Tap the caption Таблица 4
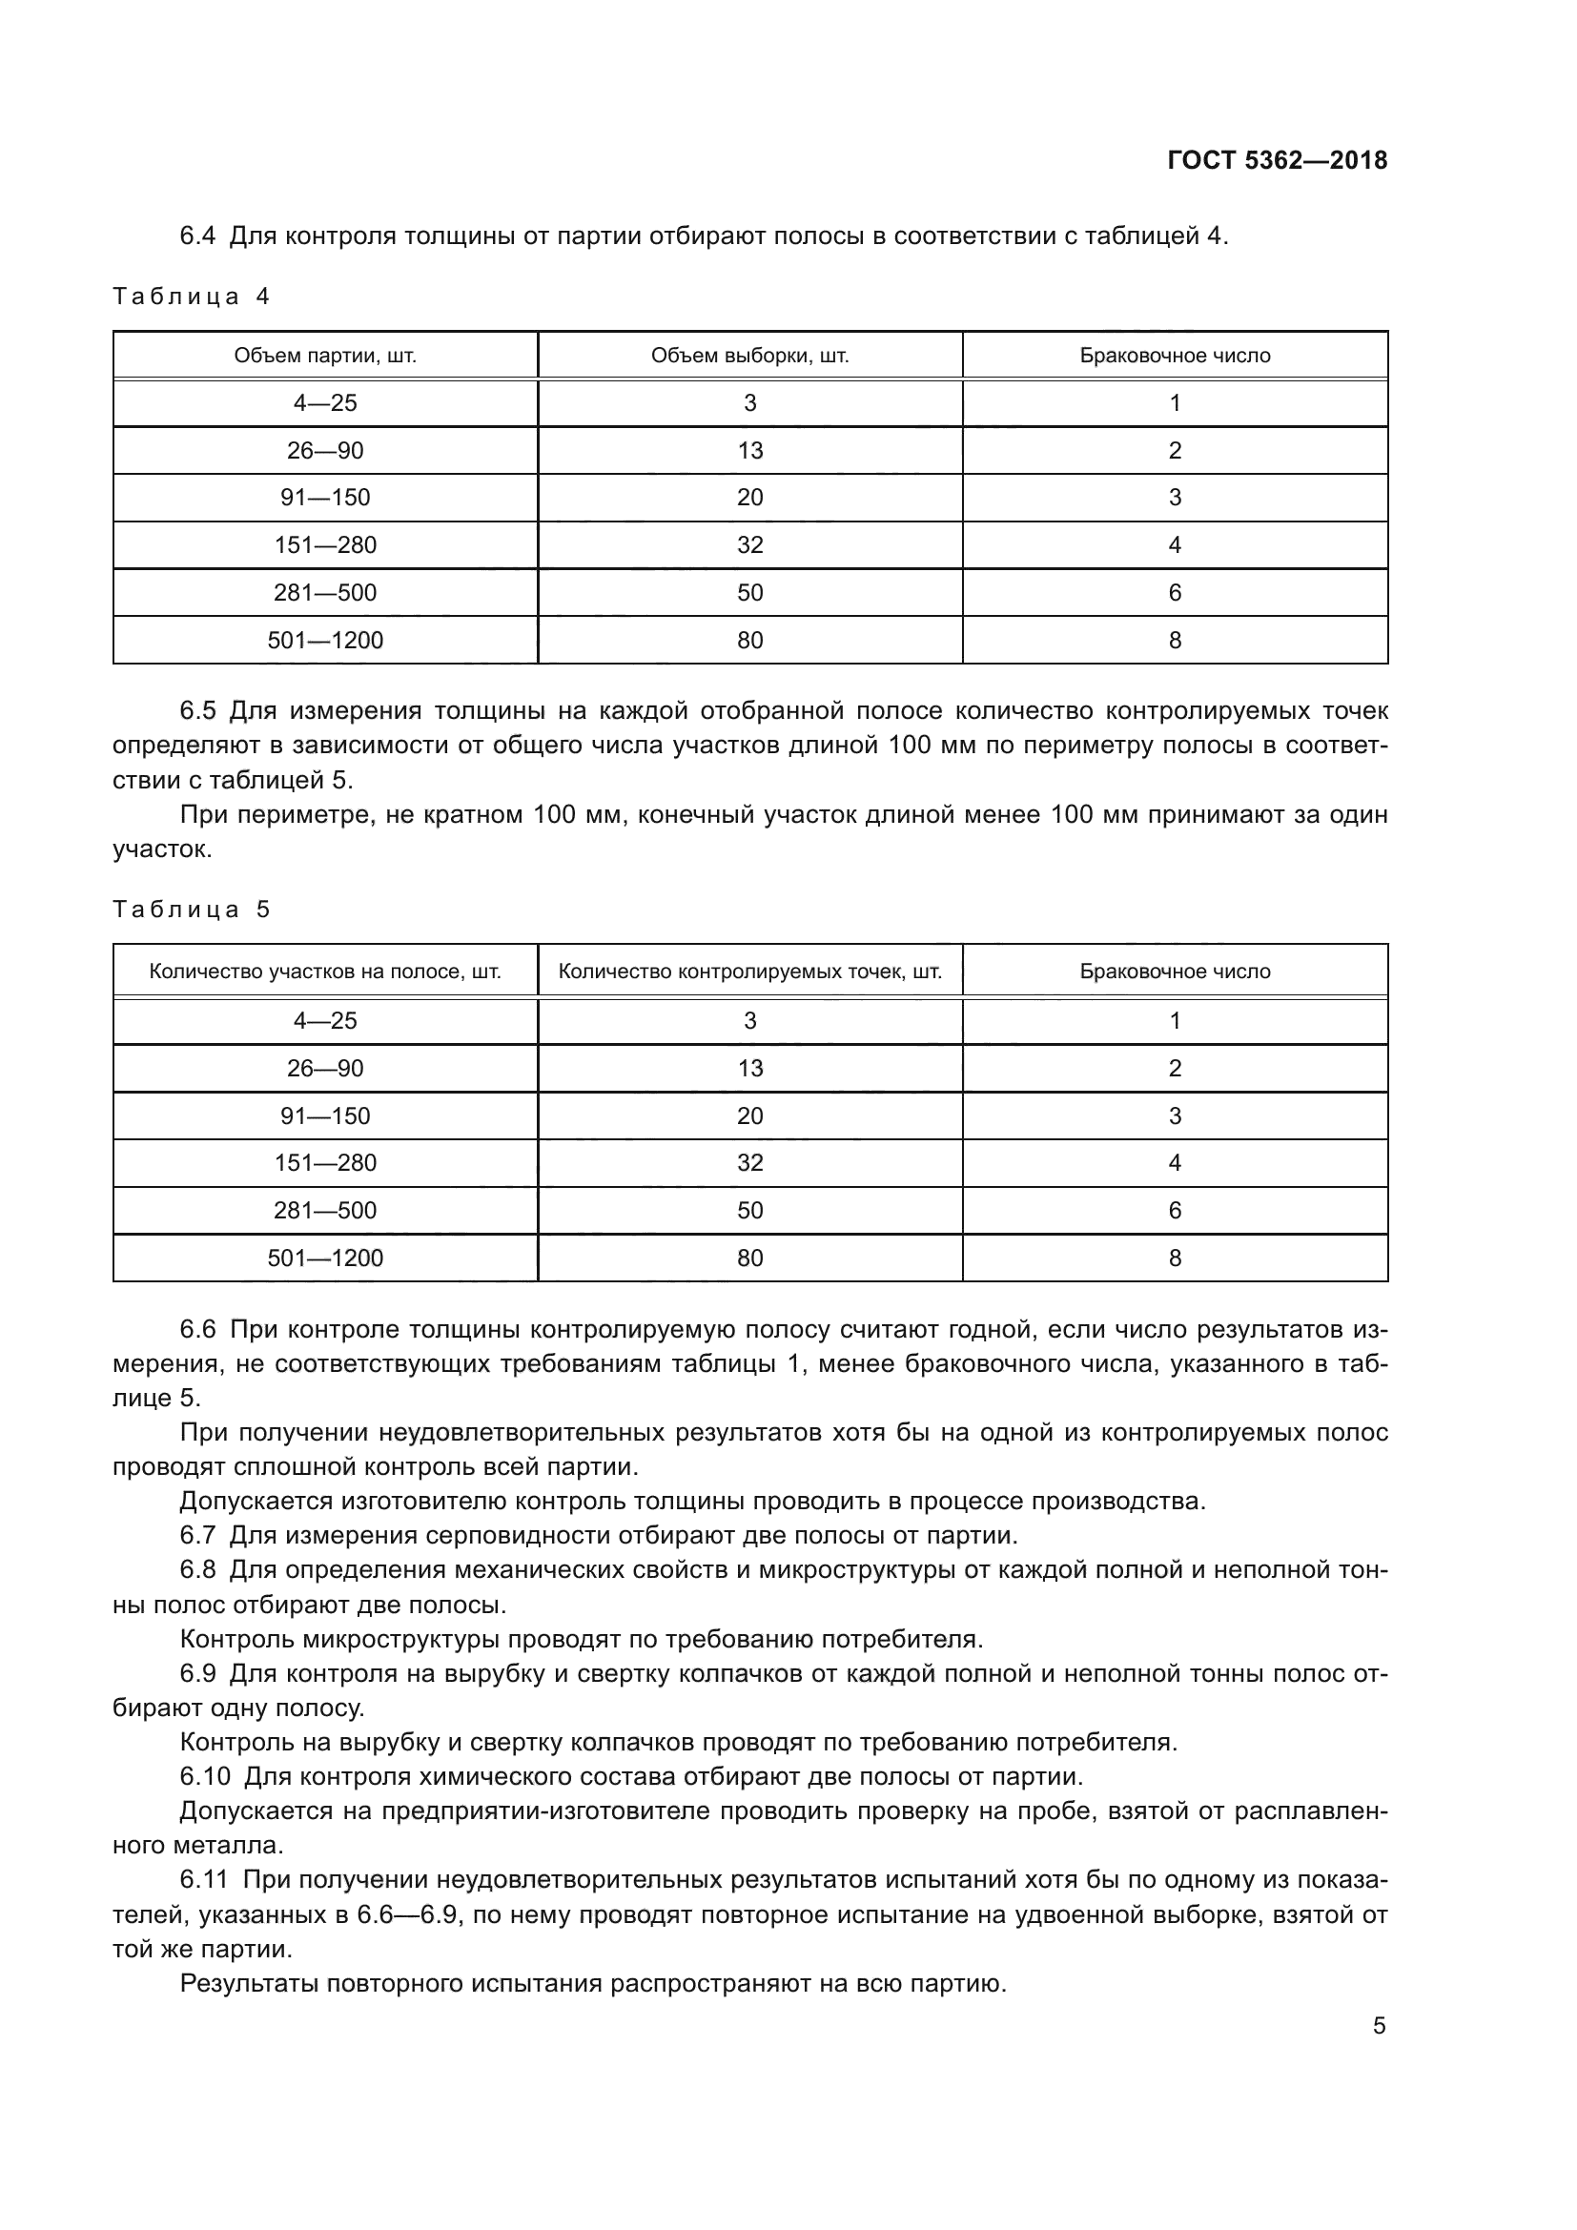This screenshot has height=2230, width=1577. point(192,297)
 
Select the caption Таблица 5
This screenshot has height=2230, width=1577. point(192,910)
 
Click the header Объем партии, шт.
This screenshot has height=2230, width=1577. point(325,356)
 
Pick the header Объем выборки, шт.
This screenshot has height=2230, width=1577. point(749,356)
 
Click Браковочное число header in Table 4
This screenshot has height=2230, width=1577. point(1175,356)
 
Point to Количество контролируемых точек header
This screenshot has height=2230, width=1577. point(749,972)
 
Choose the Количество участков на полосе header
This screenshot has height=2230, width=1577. point(325,972)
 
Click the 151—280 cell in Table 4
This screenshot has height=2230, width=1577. point(325,545)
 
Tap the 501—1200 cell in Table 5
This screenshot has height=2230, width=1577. point(325,1258)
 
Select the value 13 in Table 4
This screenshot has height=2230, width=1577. point(749,451)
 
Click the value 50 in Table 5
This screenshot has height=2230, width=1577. point(749,1210)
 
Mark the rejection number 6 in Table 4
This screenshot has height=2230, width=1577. point(1175,592)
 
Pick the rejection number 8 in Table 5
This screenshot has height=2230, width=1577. point(1175,1258)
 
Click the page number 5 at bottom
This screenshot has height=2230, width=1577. point(1379,2026)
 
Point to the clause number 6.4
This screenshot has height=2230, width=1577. point(198,236)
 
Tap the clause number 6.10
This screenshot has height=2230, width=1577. point(205,1776)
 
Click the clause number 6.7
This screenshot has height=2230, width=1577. point(198,1536)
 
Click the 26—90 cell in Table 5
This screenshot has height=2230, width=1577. point(325,1069)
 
